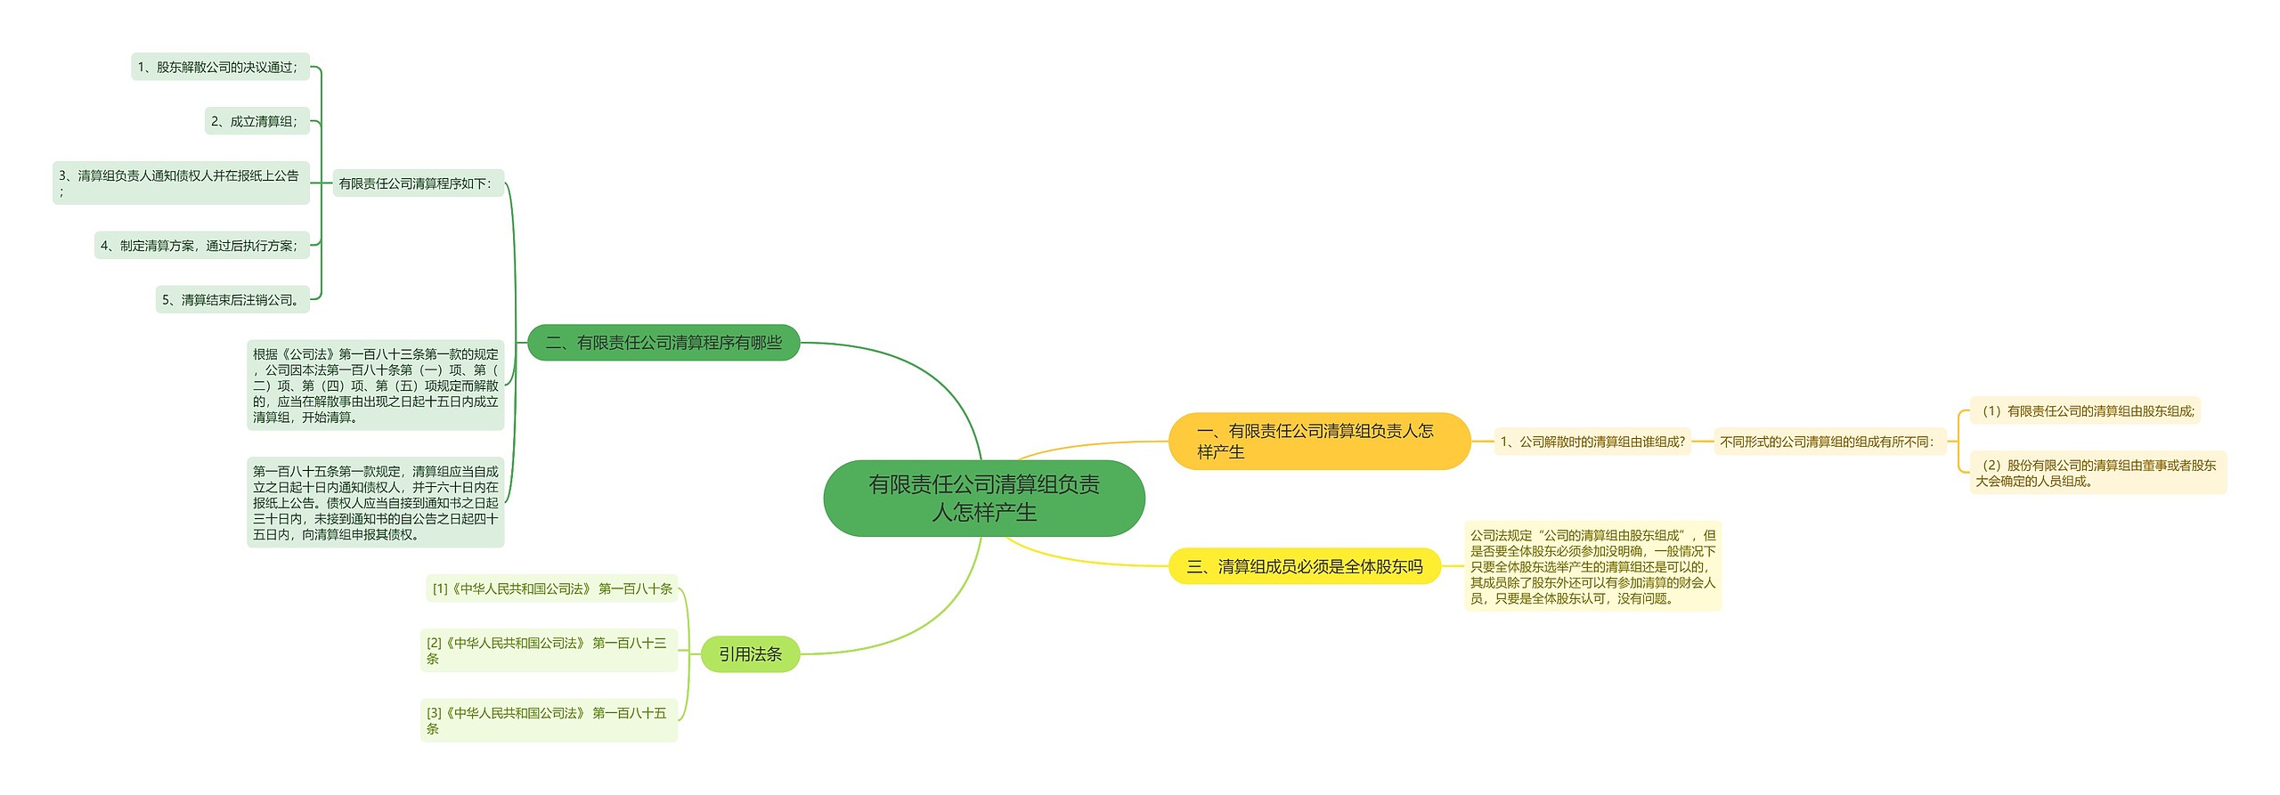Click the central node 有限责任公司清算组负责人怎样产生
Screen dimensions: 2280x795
coord(983,498)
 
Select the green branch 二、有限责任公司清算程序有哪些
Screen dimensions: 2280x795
coord(664,343)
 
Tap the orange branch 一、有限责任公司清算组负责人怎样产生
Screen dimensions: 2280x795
coord(1318,442)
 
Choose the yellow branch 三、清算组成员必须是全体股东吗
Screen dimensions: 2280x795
coord(1304,566)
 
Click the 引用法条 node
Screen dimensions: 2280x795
coord(750,654)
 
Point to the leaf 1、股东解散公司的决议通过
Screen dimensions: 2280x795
coord(220,67)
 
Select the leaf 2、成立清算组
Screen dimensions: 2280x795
coord(256,121)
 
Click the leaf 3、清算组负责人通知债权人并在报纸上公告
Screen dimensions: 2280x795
coord(181,183)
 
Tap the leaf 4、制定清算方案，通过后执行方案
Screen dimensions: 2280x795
coord(201,246)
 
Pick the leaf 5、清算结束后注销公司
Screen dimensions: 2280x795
coord(232,300)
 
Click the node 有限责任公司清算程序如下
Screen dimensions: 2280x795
coord(418,183)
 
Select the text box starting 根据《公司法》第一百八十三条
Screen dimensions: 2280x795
coord(375,385)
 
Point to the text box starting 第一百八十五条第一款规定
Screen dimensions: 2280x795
coord(375,503)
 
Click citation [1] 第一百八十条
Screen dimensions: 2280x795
coord(551,588)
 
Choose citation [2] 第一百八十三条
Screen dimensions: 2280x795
coord(549,650)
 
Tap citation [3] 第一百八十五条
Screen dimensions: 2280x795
coord(549,720)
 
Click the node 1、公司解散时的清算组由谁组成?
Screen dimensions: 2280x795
coord(1592,442)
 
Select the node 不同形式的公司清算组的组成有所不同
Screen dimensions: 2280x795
coord(1829,442)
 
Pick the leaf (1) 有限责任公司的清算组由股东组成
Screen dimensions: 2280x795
coord(2084,410)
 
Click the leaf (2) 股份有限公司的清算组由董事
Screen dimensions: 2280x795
coord(2097,473)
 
